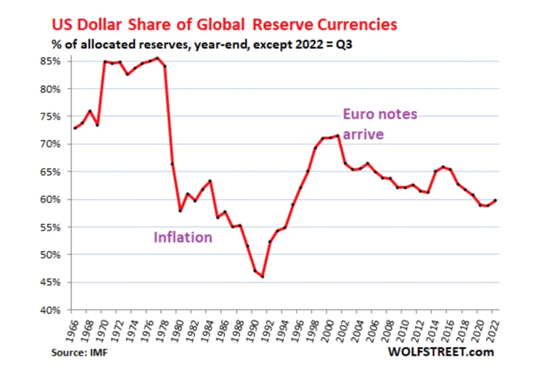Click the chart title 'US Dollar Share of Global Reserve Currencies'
click(x=224, y=25)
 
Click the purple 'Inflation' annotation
click(x=183, y=237)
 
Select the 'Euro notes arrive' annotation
click(x=380, y=124)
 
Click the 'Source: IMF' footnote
click(x=79, y=353)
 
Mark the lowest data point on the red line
click(x=262, y=277)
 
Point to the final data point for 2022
click(x=495, y=200)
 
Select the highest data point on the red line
click(x=157, y=58)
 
